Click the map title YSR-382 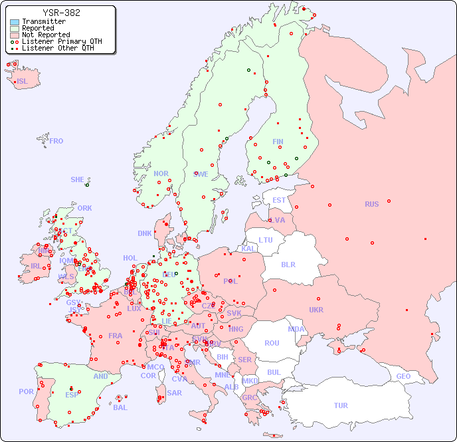coord(61,13)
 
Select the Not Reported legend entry coord(45,35)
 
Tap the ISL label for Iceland coord(23,82)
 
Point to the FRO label coord(56,141)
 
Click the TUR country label coord(341,405)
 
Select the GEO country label coord(403,376)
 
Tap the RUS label coord(371,204)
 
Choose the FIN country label coord(278,142)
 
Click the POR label coord(26,391)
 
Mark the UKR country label coord(316,310)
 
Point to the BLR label coord(288,264)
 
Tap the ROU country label coord(272,343)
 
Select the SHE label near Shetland coord(77,179)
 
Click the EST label coord(279,200)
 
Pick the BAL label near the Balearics coord(120,407)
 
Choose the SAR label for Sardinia coord(174,393)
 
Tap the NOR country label coord(161,173)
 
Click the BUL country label coord(274,372)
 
